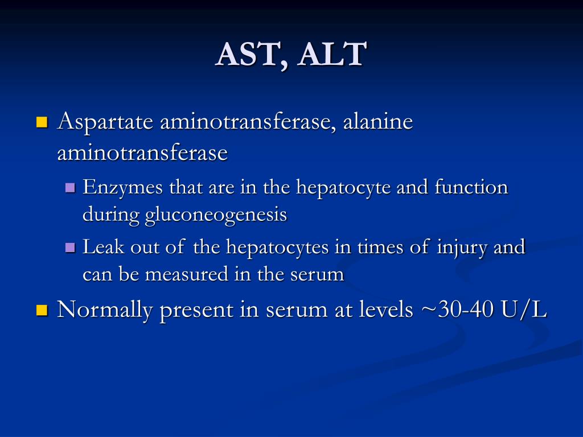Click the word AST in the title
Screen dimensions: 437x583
[x=245, y=55]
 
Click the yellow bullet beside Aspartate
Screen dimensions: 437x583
[x=42, y=122]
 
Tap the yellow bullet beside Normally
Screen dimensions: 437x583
[x=42, y=310]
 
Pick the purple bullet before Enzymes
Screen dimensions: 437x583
[x=71, y=187]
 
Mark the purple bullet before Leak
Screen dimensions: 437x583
[x=71, y=248]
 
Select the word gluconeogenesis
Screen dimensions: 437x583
[x=216, y=215]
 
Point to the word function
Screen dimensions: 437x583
[x=471, y=187]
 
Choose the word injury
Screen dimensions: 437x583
[x=459, y=248]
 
